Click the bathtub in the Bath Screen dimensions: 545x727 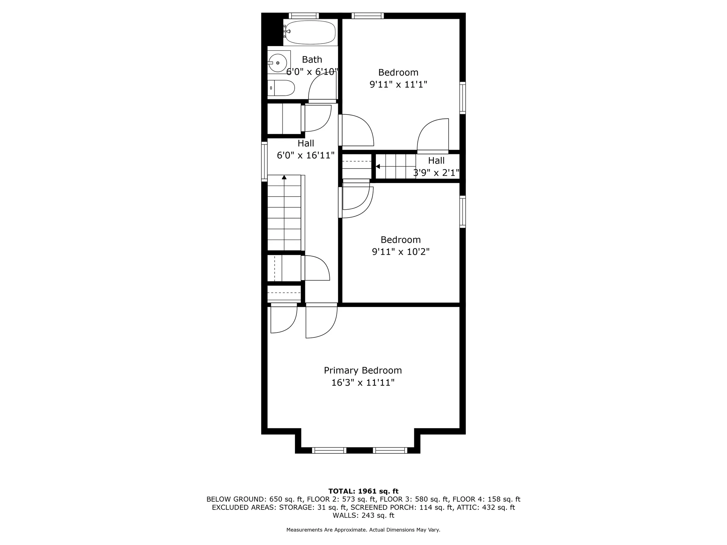[311, 32]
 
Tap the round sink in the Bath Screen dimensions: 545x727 [278, 63]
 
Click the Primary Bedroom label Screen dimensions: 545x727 [363, 370]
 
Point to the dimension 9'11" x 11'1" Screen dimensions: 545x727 [398, 84]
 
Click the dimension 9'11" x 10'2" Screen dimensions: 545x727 [400, 252]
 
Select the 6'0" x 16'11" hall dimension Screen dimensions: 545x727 [306, 155]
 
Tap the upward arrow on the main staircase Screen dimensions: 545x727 [284, 177]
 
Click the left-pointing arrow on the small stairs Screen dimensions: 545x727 [378, 166]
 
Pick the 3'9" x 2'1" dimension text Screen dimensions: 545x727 [436, 173]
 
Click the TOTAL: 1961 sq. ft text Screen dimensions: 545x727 [363, 491]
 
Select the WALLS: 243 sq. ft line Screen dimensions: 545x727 [363, 515]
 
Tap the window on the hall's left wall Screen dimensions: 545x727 [264, 161]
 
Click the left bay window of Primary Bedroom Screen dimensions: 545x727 [329, 450]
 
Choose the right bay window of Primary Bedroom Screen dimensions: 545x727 [390, 450]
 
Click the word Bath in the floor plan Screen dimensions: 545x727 [312, 60]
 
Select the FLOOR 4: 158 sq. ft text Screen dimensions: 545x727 [486, 499]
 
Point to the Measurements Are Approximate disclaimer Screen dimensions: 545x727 [363, 530]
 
